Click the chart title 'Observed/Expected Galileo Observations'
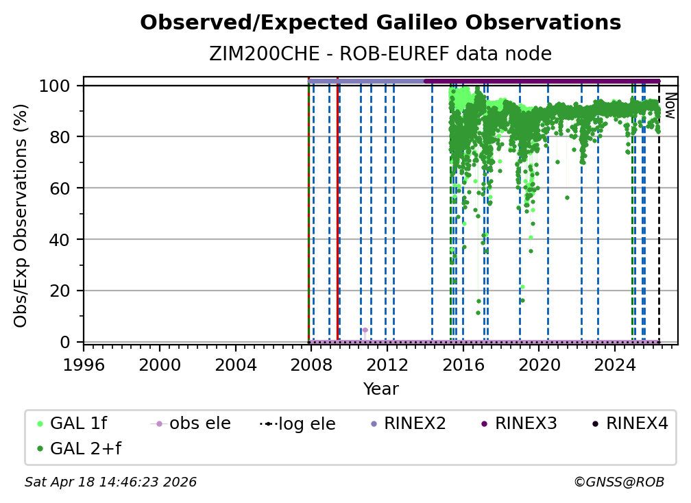[380, 23]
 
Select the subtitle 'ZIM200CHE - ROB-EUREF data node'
[380, 53]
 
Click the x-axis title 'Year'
[380, 389]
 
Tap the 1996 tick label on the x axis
[84, 365]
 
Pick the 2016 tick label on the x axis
[463, 365]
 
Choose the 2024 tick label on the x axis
[615, 365]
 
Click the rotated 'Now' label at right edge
[670, 106]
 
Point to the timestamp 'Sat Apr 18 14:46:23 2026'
[110, 482]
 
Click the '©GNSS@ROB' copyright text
[618, 482]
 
